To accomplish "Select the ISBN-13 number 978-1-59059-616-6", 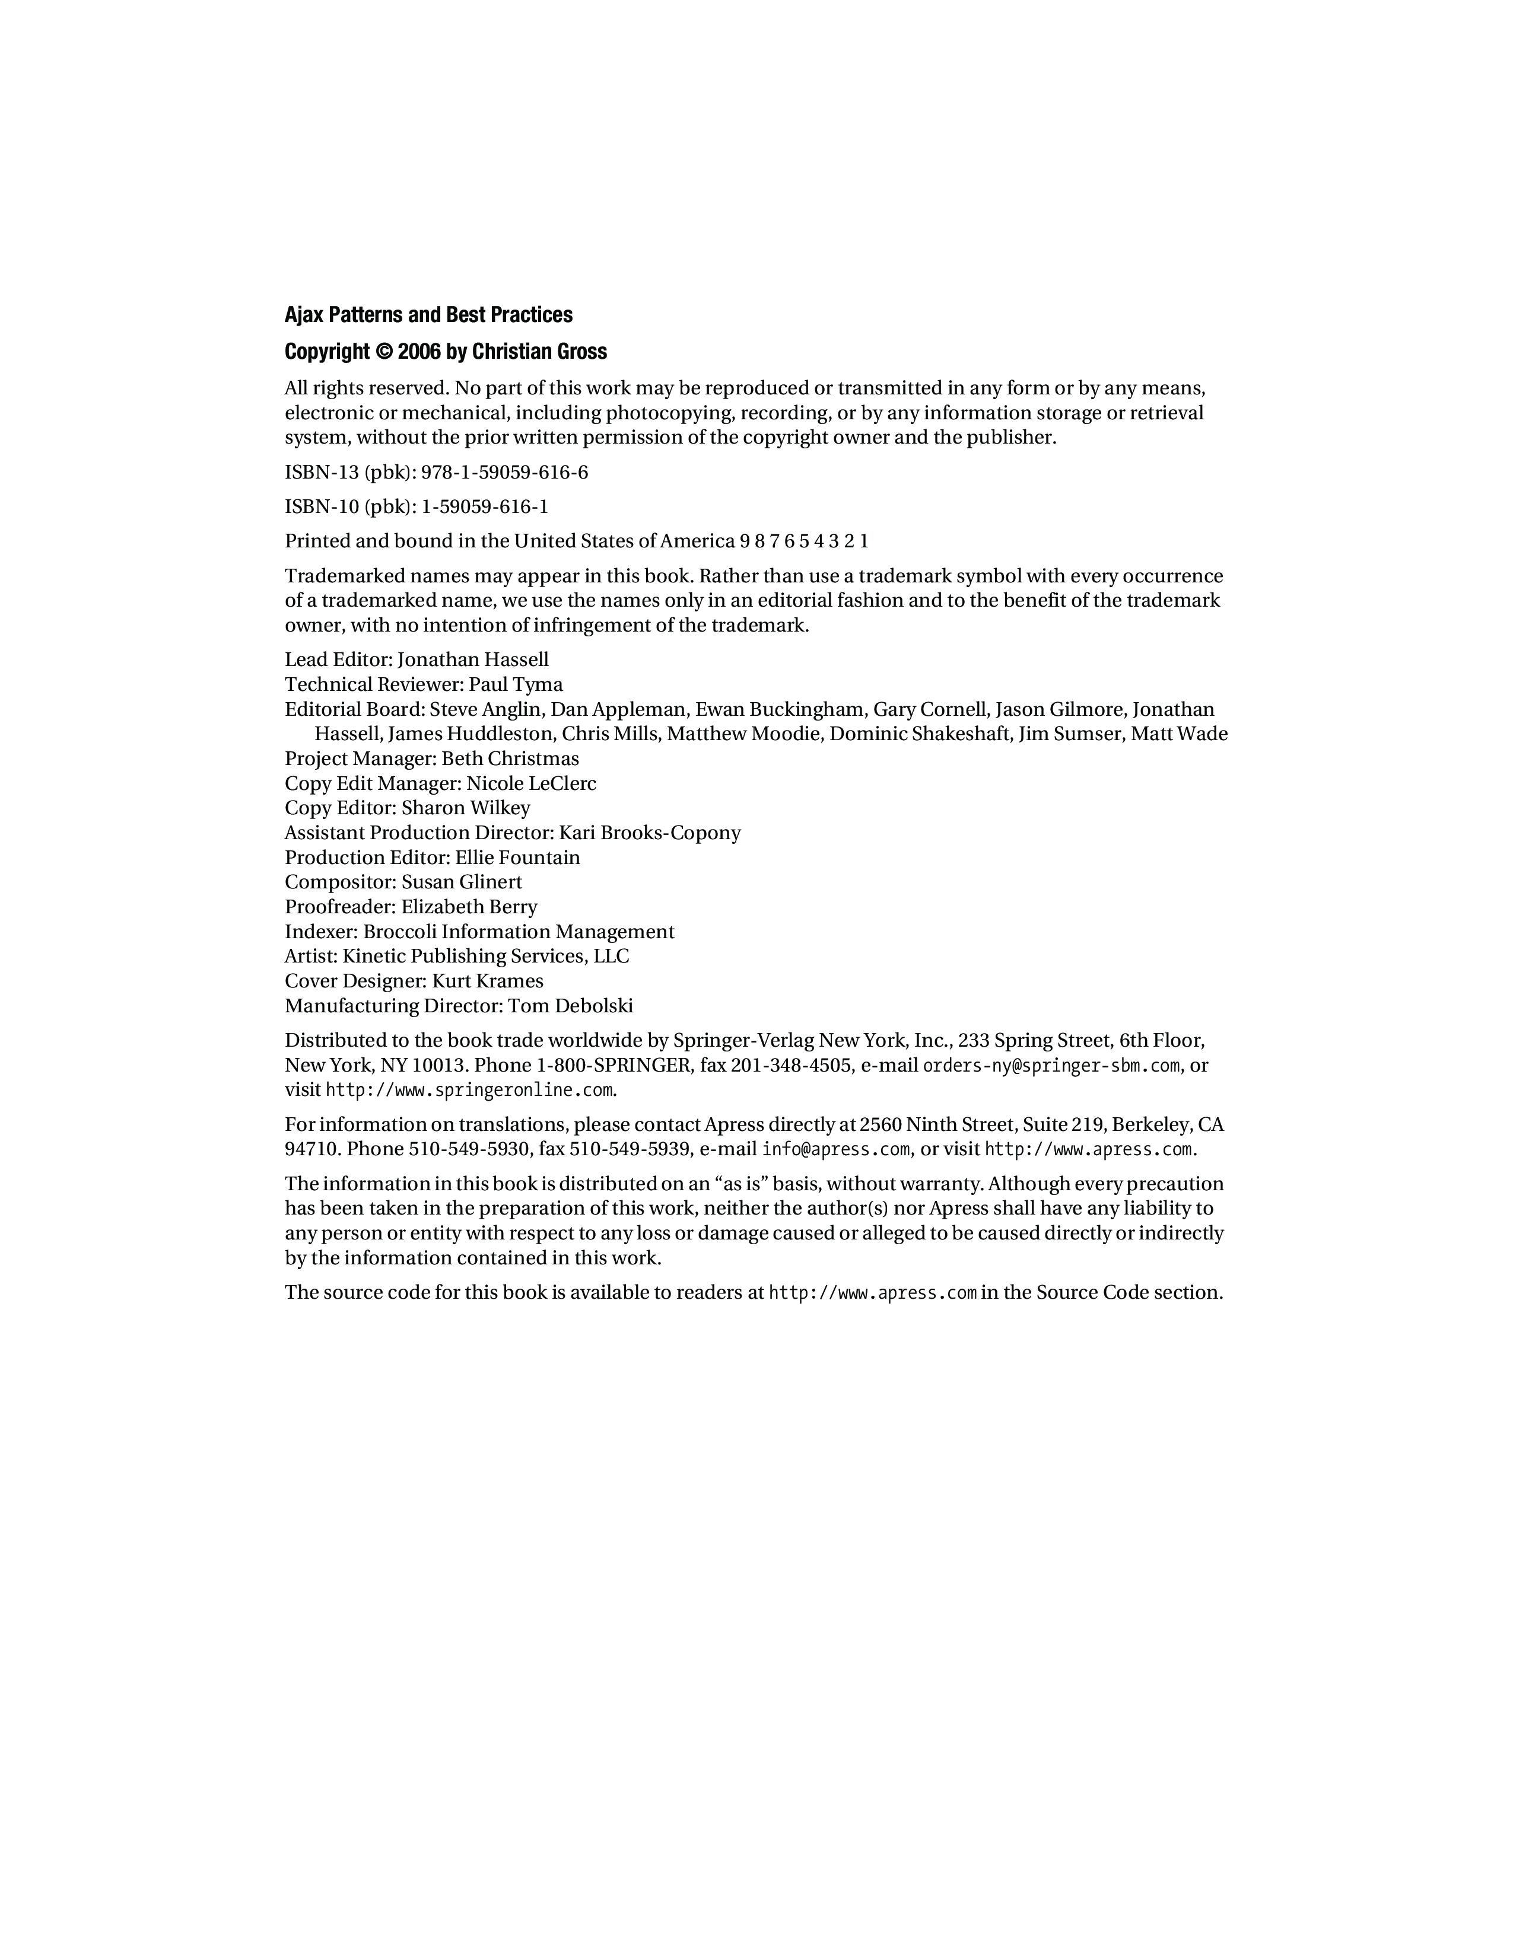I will pos(505,472).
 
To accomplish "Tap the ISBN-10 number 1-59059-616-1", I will pos(485,507).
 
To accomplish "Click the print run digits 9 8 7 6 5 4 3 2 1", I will pos(804,541).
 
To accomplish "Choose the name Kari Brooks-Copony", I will pos(650,833).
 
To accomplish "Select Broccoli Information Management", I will pos(518,932).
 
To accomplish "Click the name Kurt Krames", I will pos(488,981).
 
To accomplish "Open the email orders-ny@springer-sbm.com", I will pos(1051,1066).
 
